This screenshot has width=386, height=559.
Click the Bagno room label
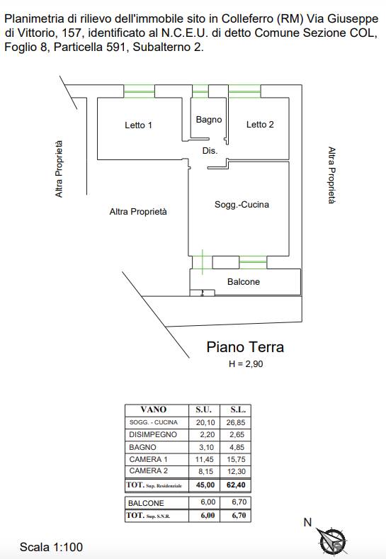[209, 120]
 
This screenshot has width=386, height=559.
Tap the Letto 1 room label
[138, 125]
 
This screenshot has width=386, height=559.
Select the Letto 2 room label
[260, 125]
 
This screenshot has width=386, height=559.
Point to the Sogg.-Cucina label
[242, 205]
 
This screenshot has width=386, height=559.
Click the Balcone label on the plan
[244, 282]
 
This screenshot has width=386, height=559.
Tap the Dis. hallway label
[210, 151]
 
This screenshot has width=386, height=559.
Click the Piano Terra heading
[245, 347]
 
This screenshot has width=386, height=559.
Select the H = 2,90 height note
[246, 364]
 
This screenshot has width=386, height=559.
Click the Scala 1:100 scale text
[51, 547]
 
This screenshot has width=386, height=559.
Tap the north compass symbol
[331, 538]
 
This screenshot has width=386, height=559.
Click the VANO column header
[154, 410]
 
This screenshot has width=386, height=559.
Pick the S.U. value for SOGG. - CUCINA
[205, 422]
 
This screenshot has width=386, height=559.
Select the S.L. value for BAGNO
[236, 447]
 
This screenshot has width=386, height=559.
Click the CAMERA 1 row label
[148, 459]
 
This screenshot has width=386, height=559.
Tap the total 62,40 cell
[236, 485]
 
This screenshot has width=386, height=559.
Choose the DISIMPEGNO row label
[153, 434]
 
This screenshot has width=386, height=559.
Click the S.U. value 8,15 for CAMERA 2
[205, 471]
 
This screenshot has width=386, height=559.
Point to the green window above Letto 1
[139, 91]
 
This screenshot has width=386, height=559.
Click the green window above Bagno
[200, 91]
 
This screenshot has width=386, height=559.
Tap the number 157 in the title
[72, 33]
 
